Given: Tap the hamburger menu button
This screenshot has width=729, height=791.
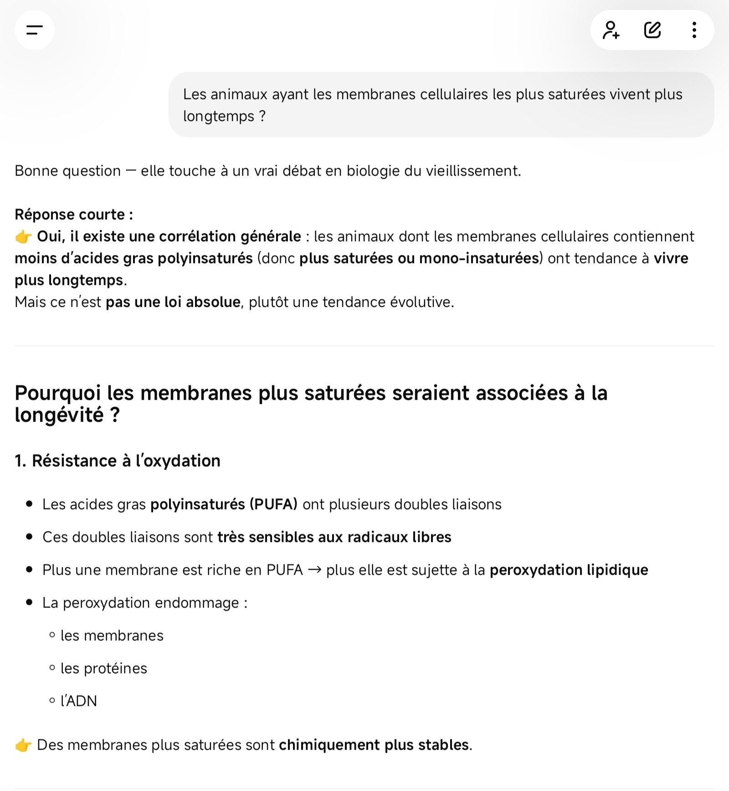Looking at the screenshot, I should [34, 30].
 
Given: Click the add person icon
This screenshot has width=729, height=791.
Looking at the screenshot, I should [611, 30].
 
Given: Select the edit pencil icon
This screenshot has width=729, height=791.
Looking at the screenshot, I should [652, 30].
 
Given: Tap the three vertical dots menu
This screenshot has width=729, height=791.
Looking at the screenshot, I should [694, 30].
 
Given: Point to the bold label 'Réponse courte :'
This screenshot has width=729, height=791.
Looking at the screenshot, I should [74, 214].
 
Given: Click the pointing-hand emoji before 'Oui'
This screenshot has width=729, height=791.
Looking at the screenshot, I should [23, 237].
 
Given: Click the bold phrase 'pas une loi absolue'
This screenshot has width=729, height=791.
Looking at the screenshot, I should [173, 302].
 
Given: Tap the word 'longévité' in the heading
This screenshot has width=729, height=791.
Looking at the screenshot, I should [59, 415].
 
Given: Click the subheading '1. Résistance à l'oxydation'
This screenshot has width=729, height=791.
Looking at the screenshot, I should [118, 461].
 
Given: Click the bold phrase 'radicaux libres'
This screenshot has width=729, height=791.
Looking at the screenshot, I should [399, 537].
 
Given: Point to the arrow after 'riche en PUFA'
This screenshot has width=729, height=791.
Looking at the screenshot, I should [314, 570].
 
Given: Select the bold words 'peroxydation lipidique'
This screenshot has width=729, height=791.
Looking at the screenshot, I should [569, 570].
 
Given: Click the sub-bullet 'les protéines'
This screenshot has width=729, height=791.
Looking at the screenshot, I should [104, 668].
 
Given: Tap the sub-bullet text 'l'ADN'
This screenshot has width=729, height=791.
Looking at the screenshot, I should [79, 701].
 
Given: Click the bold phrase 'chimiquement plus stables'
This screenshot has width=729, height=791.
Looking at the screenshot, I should [374, 745].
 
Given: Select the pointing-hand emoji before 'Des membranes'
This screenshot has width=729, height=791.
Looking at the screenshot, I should [23, 745].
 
